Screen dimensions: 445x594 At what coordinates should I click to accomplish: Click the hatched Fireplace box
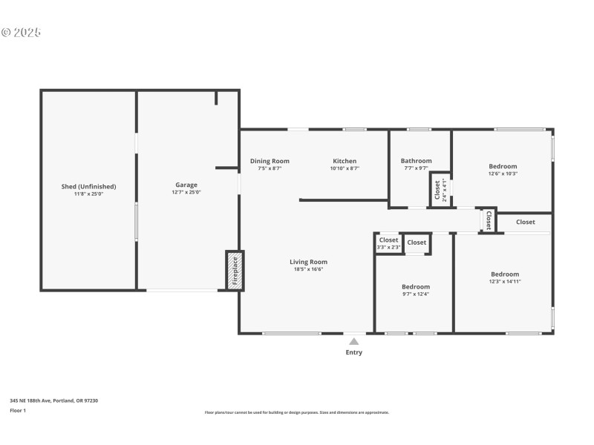(235, 271)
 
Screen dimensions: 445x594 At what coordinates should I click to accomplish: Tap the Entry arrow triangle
(354, 342)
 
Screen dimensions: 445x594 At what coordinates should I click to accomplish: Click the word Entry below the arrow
(354, 352)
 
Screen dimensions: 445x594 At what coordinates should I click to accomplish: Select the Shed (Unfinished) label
(88, 186)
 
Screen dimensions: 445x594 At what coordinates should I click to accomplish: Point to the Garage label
(186, 185)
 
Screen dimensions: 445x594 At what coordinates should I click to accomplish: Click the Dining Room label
(270, 161)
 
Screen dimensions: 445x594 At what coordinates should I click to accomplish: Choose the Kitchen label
(345, 161)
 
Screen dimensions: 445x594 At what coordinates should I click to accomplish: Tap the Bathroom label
(416, 161)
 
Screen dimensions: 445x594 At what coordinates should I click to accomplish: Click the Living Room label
(308, 262)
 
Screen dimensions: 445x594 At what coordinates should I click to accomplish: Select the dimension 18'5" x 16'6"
(308, 269)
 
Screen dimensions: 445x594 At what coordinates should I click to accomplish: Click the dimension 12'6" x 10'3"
(503, 174)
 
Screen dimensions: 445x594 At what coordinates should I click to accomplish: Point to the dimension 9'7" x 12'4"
(416, 294)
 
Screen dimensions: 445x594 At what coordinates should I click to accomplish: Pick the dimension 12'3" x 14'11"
(505, 282)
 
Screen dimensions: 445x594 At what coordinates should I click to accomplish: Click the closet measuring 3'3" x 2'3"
(389, 243)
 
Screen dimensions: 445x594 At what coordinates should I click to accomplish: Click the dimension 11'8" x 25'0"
(88, 194)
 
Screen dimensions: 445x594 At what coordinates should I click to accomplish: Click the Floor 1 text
(18, 410)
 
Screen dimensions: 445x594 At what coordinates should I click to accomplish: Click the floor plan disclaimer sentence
(296, 412)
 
